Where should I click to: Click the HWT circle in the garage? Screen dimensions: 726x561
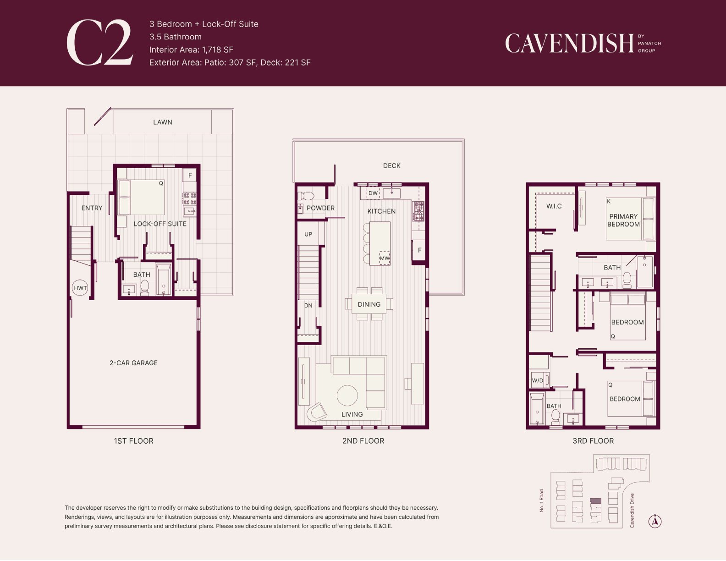point(80,288)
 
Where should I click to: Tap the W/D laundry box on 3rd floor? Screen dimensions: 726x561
point(538,380)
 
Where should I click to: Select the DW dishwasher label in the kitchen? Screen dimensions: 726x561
point(373,193)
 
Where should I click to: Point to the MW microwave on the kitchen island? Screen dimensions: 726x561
point(385,258)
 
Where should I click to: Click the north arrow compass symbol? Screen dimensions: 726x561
point(655,521)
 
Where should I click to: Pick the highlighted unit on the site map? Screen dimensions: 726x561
point(595,501)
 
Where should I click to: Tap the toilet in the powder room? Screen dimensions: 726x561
point(306,196)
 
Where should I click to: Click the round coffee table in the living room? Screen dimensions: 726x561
point(347,396)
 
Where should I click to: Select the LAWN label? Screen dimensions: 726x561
point(163,122)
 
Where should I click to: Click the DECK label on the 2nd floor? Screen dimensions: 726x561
point(391,166)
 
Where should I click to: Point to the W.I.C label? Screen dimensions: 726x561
point(554,206)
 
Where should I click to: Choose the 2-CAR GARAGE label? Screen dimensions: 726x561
point(134,363)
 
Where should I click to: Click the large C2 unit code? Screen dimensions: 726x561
point(100,43)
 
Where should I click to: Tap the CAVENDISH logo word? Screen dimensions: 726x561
point(569,44)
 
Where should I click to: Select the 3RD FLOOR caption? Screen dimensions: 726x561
point(593,441)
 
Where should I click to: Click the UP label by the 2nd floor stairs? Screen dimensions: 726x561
point(308,234)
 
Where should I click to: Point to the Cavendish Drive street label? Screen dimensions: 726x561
point(632,511)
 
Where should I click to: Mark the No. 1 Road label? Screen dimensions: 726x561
point(542,500)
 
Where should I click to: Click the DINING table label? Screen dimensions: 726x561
point(369,304)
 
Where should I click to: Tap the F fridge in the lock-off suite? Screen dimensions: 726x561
point(190,176)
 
